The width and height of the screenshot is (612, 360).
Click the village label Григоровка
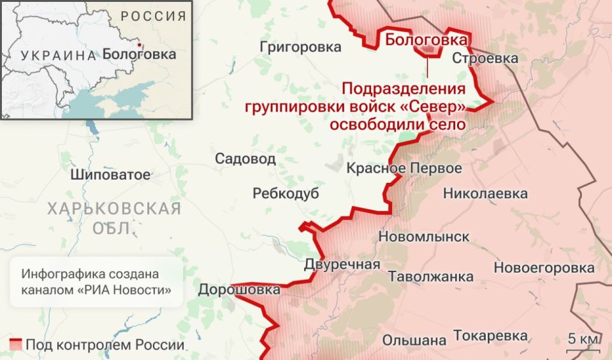(x=300, y=47)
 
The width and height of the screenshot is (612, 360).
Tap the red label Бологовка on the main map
(x=426, y=40)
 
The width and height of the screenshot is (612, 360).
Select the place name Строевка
(x=485, y=59)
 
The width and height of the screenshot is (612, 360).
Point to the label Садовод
(x=245, y=159)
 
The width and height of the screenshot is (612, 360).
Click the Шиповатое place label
(x=111, y=175)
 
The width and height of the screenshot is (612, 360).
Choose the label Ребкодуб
(x=286, y=194)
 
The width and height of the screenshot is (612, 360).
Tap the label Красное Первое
(x=404, y=168)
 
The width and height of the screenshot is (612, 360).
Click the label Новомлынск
(x=424, y=237)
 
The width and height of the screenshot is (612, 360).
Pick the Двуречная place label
(x=342, y=264)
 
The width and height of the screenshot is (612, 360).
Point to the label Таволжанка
(x=431, y=277)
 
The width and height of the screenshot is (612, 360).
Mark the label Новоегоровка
(x=544, y=268)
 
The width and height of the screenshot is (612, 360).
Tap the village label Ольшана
(x=414, y=340)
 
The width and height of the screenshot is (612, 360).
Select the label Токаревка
(x=490, y=336)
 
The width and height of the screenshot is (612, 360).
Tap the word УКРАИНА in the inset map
(x=57, y=55)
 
